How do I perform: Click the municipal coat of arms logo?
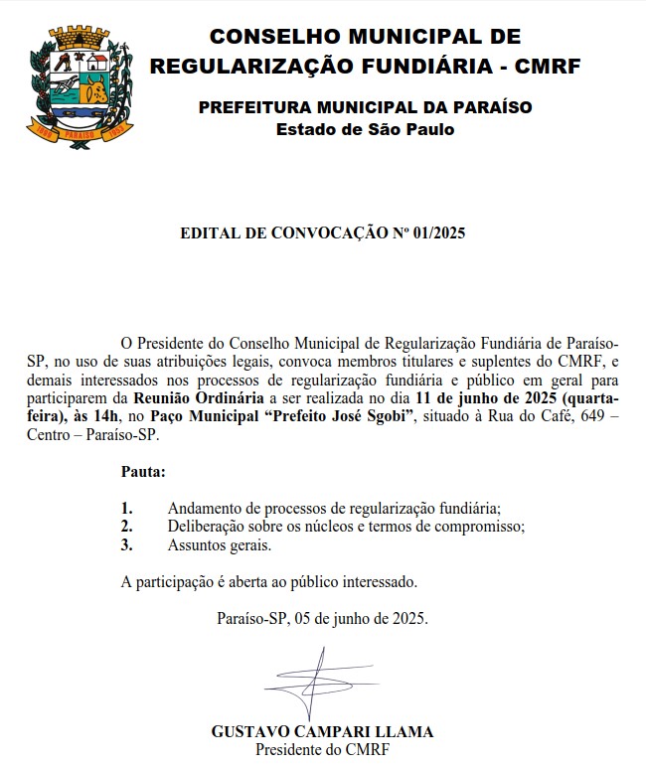tap(75, 87)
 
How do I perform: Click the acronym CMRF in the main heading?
tap(550, 67)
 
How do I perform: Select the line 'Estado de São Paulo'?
tap(365, 129)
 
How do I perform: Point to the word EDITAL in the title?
tap(210, 234)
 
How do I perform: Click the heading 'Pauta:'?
tap(143, 471)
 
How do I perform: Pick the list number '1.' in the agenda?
tap(126, 509)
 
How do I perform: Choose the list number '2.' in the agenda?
tap(126, 527)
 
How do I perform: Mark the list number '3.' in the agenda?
tap(126, 544)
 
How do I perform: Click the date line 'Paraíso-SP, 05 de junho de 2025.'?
tap(322, 618)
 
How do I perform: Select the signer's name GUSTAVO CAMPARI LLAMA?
tap(322, 732)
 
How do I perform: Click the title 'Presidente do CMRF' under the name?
tap(322, 749)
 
